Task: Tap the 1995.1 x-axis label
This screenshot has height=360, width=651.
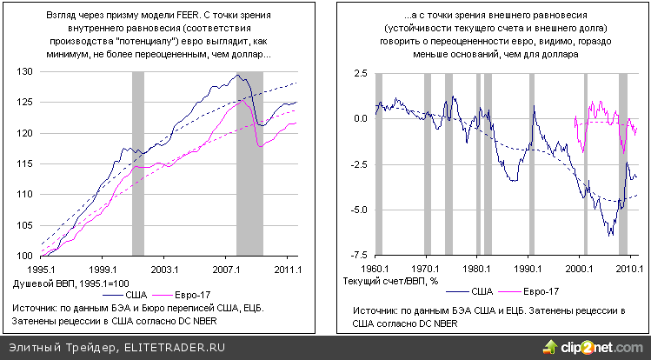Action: coord(42,269)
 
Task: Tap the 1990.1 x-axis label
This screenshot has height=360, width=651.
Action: coord(528,269)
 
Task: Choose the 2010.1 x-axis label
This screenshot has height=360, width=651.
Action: coord(629,269)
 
